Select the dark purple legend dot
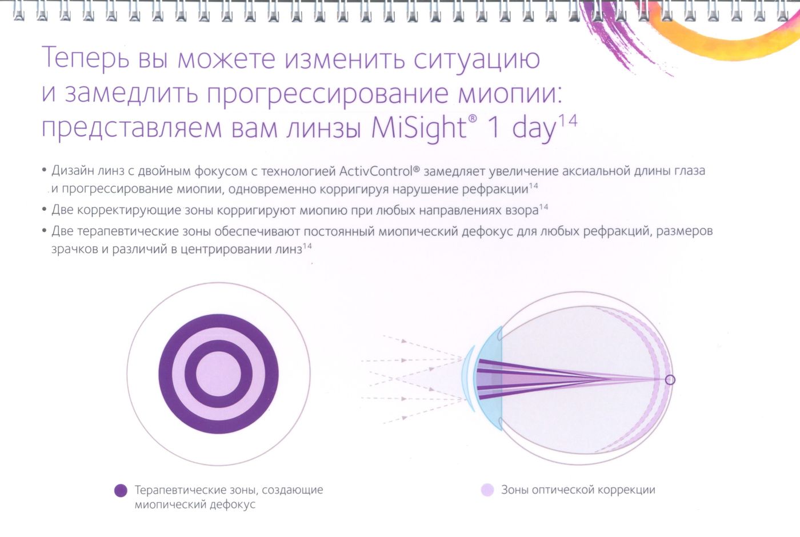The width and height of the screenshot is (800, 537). click(x=121, y=491)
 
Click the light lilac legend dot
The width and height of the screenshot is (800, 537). click(x=487, y=490)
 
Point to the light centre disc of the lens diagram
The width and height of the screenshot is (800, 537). click(x=218, y=374)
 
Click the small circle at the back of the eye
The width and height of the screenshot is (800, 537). click(x=670, y=380)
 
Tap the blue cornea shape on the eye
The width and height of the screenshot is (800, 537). click(x=489, y=378)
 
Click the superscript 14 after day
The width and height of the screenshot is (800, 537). click(x=568, y=121)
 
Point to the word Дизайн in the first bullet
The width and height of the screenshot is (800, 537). click(x=73, y=171)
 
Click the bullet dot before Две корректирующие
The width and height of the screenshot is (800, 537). click(x=45, y=209)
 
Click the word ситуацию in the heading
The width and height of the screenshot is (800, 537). click(x=477, y=59)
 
